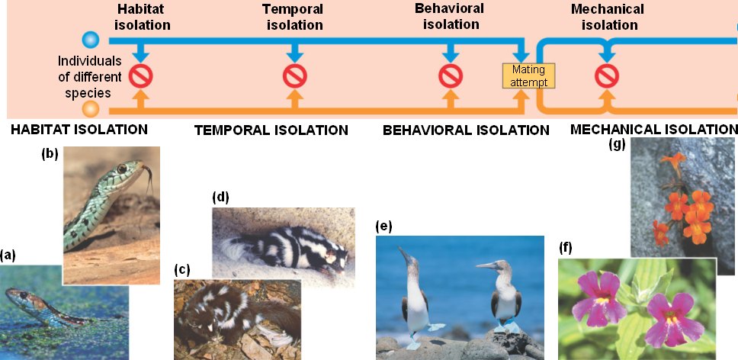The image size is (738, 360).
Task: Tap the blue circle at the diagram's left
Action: click(x=91, y=40)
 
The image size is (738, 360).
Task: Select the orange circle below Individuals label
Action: click(x=91, y=110)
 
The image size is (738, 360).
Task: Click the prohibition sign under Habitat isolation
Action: click(x=140, y=76)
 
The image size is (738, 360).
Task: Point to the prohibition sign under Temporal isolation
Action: click(x=294, y=76)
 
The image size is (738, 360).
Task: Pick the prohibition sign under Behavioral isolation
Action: click(x=451, y=76)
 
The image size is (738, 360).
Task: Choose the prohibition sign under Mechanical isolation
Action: click(x=607, y=76)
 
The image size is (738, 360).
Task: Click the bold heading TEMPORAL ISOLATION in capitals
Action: click(x=271, y=130)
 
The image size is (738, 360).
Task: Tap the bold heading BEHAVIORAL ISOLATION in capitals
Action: click(x=465, y=130)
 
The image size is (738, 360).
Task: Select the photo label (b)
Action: click(x=50, y=154)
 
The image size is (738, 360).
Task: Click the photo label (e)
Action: click(x=383, y=227)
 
